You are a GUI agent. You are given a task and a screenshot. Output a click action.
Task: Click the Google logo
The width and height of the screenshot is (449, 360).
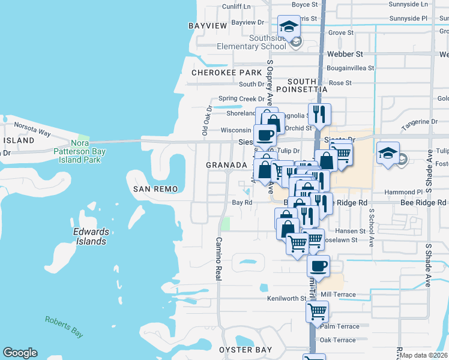pos(20,353)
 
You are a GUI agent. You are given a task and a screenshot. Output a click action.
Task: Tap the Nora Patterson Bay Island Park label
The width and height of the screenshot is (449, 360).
pos(80,151)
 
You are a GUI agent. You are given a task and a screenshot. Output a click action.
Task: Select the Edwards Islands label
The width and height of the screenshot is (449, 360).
pos(91,236)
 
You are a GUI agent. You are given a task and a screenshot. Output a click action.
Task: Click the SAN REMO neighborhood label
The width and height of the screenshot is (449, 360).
pos(155,189)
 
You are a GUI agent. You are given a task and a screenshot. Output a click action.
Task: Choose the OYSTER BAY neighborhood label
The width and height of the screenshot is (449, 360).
pos(246,350)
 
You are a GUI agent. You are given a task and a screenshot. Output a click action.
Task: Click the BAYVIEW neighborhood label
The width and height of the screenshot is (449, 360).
pos(208,26)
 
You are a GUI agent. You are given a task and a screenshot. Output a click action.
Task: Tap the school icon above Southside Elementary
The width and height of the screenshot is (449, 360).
pos(289,26)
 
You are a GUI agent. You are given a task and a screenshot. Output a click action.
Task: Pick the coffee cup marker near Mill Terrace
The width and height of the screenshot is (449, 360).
pos(318,265)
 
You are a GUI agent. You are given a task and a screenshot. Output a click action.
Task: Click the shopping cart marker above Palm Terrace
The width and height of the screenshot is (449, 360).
pos(316,311)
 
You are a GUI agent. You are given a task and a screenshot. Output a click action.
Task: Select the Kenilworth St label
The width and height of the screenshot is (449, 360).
pos(288,298)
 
